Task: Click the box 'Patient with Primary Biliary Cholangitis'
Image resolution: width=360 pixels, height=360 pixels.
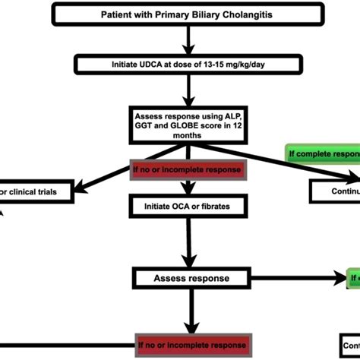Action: (x=180, y=15)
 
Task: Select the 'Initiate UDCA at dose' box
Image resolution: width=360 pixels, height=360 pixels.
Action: (x=180, y=65)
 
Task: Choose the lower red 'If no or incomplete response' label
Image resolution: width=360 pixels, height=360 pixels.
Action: (x=191, y=346)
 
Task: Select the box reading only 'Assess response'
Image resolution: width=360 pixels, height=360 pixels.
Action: (x=191, y=278)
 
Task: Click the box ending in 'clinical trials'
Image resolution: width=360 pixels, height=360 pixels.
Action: (x=38, y=192)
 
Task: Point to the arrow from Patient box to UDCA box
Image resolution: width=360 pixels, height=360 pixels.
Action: (x=180, y=39)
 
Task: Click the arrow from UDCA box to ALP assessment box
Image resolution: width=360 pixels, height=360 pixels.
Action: (x=180, y=90)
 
